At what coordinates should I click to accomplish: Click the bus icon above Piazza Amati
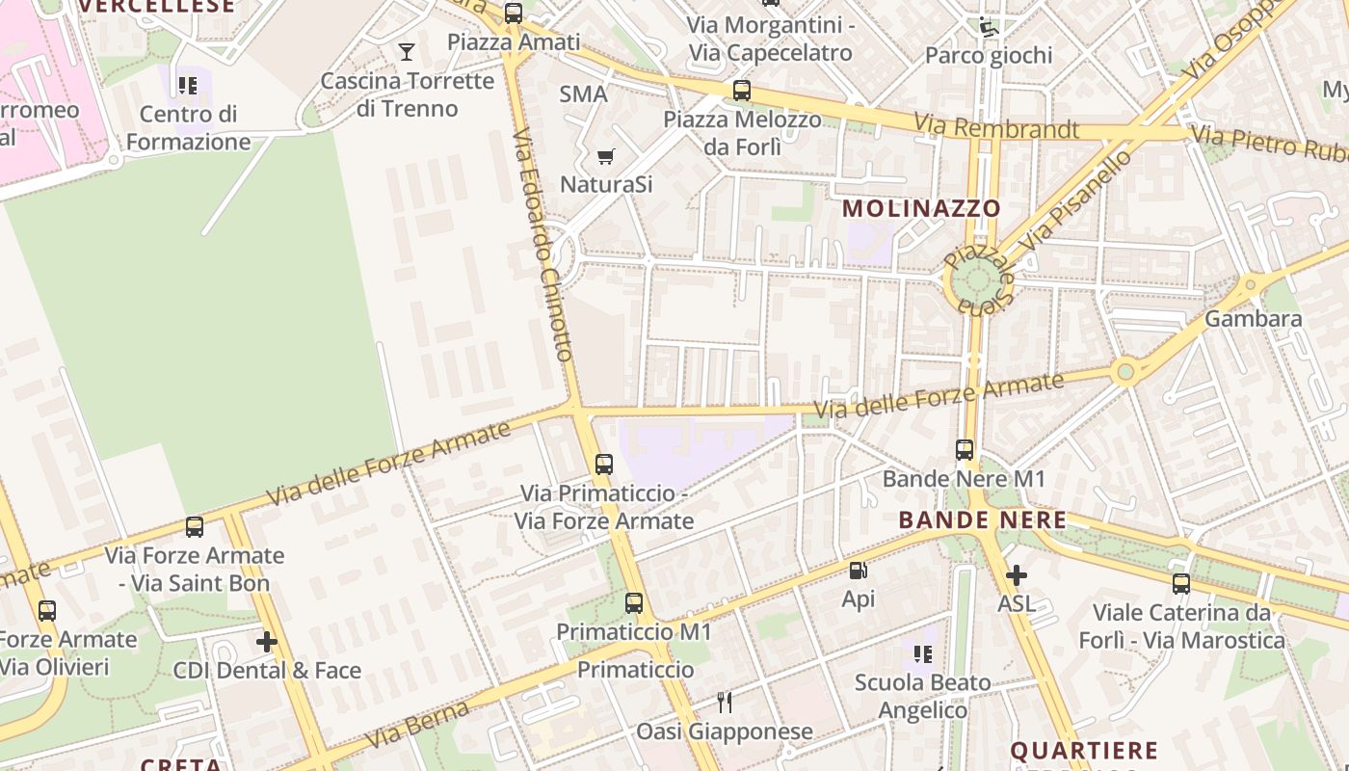(x=514, y=13)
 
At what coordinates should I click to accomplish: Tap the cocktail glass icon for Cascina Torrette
(x=407, y=52)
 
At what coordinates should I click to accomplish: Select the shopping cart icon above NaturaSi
(x=606, y=156)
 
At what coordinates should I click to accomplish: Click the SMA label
(x=584, y=94)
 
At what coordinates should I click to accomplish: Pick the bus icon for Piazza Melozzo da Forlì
(x=741, y=92)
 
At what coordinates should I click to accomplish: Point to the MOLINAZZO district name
(x=922, y=208)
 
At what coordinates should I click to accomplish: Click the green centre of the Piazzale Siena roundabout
(x=977, y=280)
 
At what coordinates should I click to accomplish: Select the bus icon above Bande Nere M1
(x=964, y=449)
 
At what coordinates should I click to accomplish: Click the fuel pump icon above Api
(x=858, y=571)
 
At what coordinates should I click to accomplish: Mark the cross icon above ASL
(x=1016, y=576)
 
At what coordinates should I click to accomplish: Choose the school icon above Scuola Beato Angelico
(x=922, y=655)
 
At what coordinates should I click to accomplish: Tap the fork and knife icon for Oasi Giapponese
(x=725, y=703)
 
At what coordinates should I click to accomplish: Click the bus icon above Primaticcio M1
(x=633, y=603)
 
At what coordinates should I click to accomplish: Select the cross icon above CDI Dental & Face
(x=267, y=642)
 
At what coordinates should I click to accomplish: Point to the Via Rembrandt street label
(x=996, y=126)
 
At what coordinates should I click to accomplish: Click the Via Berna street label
(x=417, y=724)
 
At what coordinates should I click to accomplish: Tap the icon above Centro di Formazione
(x=188, y=86)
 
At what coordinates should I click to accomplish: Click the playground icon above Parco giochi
(x=988, y=27)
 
